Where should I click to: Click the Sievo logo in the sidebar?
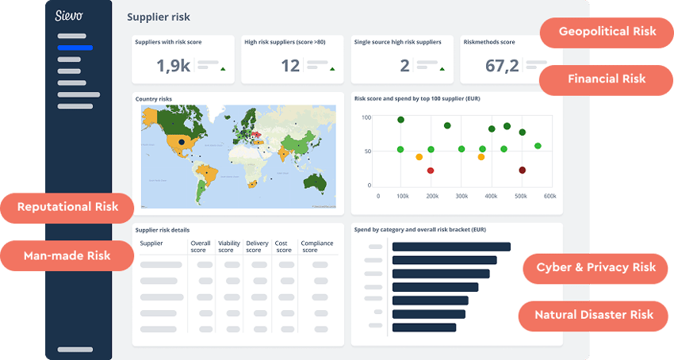70,16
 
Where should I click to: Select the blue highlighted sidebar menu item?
75,48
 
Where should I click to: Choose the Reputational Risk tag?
67,207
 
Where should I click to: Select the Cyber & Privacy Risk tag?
595,267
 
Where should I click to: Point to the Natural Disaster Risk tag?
594,315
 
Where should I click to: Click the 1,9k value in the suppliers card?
173,66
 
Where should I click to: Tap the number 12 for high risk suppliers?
290,66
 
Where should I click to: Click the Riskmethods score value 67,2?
501,66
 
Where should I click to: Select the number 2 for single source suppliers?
404,66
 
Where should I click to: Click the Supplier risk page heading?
159,17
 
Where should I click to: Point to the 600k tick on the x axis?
550,196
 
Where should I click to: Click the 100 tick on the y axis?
366,117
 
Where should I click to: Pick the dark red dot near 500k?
523,170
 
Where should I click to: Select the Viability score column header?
229,247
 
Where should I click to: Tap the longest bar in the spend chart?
450,247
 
